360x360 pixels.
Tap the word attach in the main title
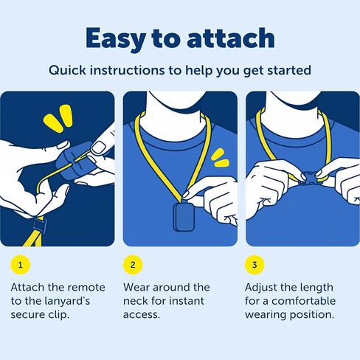tap(231, 38)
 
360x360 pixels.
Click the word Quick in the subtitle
tap(67, 71)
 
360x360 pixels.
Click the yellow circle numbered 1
tap(21, 265)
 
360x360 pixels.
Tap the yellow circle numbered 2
tap(133, 265)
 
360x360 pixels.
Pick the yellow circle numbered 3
tap(255, 265)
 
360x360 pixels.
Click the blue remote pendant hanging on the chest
tap(184, 217)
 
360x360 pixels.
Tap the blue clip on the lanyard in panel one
tap(39, 226)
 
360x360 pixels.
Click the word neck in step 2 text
tap(135, 301)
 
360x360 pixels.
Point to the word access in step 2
tap(142, 315)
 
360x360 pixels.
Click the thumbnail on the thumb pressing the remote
tap(98, 148)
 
